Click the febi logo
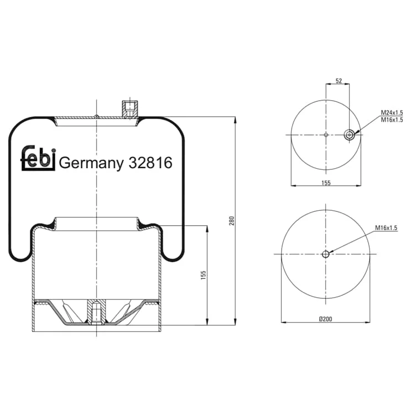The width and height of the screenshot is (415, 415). pyautogui.click(x=38, y=158)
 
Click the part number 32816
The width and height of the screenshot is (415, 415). pyautogui.click(x=151, y=163)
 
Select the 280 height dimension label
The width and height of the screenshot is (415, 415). pyautogui.click(x=232, y=220)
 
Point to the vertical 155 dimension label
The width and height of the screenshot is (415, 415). pyautogui.click(x=203, y=275)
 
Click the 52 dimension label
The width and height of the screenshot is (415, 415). pyautogui.click(x=339, y=81)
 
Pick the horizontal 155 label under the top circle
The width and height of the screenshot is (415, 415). pyautogui.click(x=326, y=183)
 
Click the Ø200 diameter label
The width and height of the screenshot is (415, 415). pyautogui.click(x=325, y=319)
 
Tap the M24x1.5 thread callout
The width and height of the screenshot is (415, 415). pyautogui.click(x=392, y=112)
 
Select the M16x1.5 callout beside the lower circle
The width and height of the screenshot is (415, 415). pyautogui.click(x=386, y=227)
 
